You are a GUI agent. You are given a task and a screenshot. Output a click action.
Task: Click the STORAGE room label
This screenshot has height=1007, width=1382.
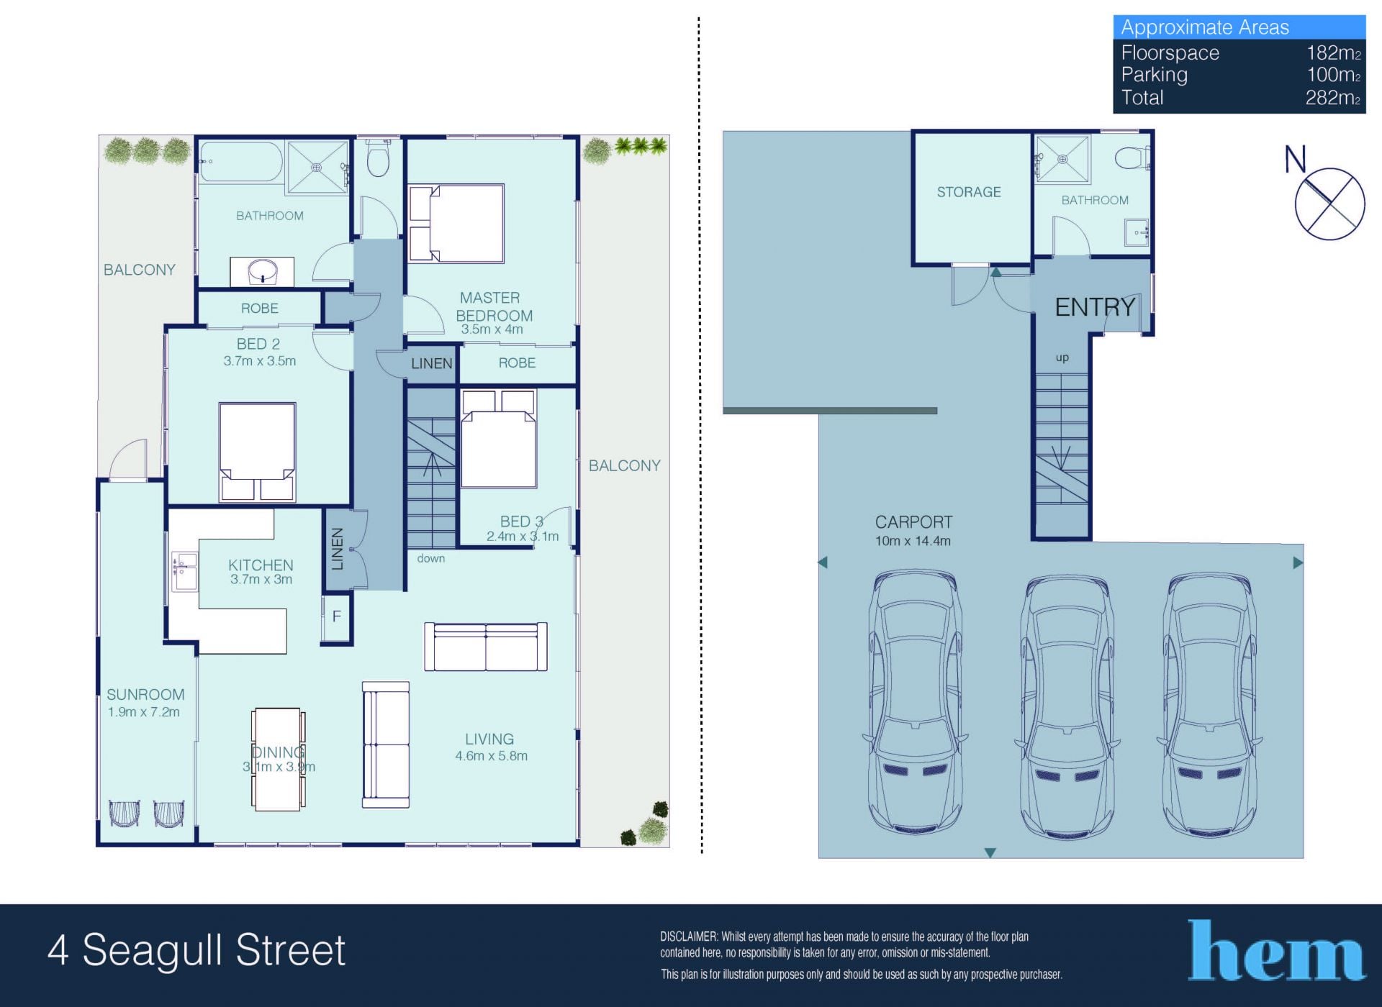click(x=969, y=192)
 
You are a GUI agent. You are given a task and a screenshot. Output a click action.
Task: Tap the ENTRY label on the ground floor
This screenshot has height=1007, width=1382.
click(x=1095, y=307)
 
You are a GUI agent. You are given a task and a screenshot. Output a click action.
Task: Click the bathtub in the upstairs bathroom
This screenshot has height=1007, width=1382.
click(x=240, y=162)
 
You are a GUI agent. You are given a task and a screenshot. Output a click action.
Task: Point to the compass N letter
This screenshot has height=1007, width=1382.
click(x=1295, y=159)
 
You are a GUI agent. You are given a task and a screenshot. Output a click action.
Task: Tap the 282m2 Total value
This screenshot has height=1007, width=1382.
click(x=1333, y=97)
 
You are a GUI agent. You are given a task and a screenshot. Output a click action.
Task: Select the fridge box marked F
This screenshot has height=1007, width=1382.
click(x=336, y=617)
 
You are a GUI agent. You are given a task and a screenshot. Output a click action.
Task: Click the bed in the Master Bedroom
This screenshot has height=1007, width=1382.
click(x=456, y=223)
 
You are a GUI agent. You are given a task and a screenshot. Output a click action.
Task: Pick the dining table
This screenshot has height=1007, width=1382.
click(x=278, y=759)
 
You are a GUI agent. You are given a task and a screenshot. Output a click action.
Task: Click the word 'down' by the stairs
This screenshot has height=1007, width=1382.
click(x=431, y=558)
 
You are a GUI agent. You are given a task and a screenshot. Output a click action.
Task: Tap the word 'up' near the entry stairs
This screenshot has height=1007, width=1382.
click(x=1062, y=358)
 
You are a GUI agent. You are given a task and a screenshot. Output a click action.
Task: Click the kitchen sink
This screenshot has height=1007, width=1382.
click(x=184, y=572)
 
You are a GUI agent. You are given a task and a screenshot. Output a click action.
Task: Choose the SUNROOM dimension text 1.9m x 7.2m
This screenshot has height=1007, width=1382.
click(x=144, y=712)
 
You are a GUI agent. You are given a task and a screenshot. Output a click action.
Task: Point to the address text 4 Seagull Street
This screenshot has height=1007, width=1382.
click(x=197, y=950)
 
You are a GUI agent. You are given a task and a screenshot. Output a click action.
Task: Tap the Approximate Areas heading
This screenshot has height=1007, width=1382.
click(x=1205, y=27)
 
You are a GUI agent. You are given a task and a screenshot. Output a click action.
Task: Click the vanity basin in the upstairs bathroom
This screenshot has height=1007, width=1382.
click(x=263, y=272)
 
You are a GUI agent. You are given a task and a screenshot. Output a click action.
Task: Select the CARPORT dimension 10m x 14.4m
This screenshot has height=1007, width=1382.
click(x=913, y=541)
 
